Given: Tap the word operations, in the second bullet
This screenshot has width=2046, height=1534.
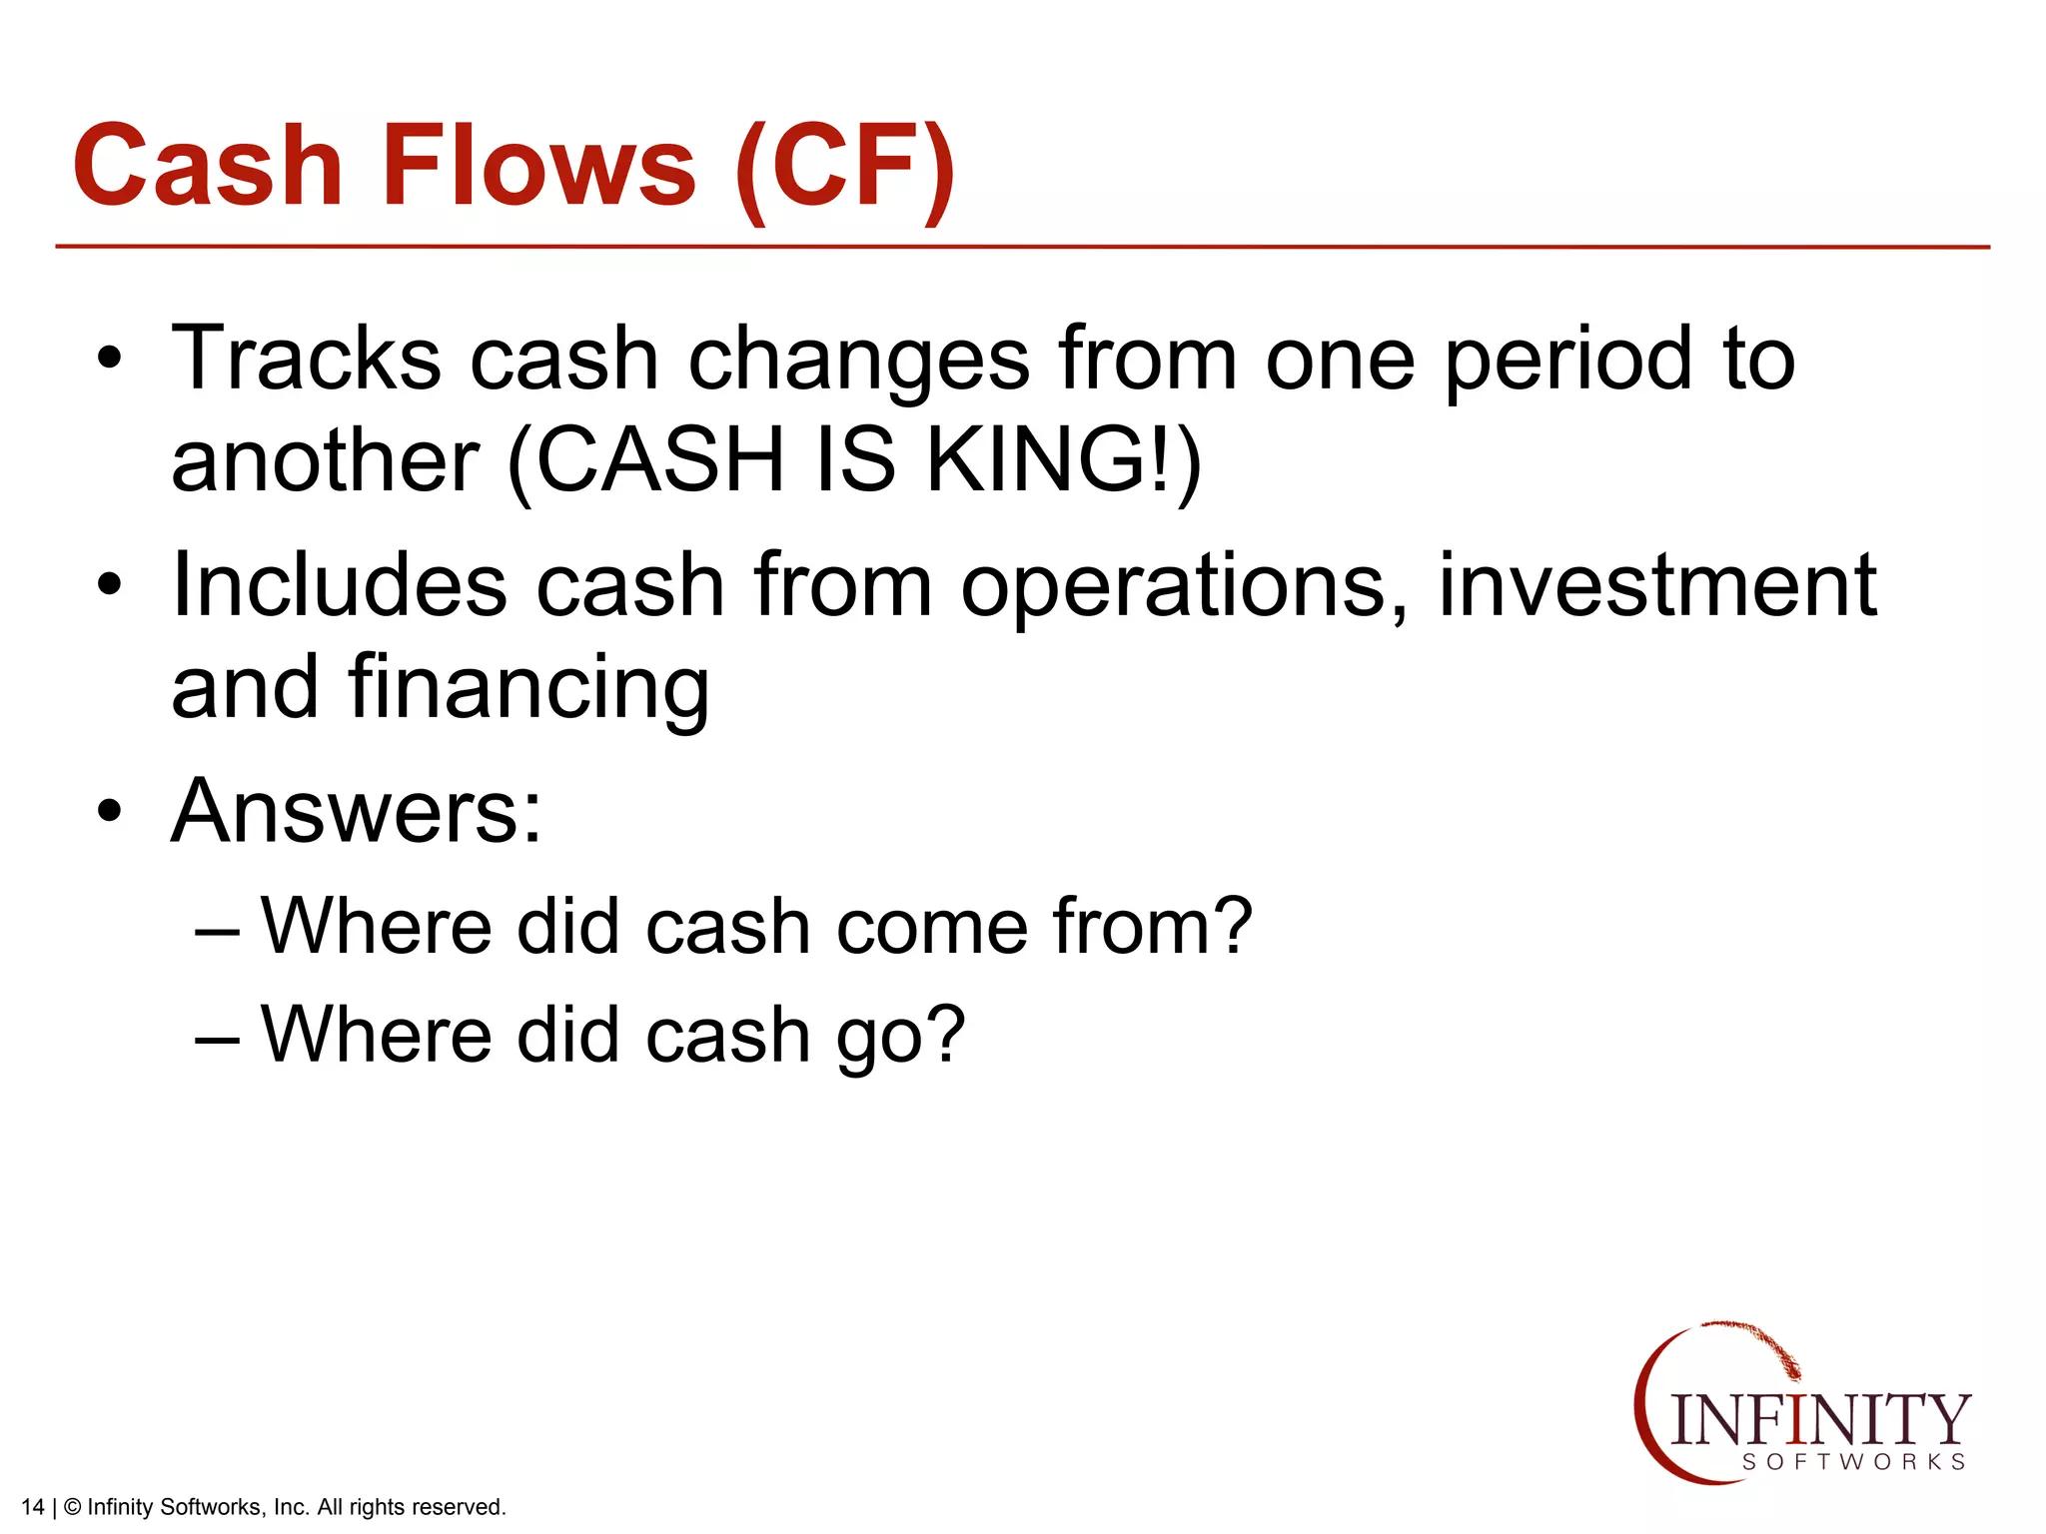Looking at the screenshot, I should (x=1185, y=587).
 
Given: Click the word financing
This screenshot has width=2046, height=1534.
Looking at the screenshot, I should (x=528, y=689).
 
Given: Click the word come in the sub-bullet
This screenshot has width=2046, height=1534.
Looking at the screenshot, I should (x=931, y=926).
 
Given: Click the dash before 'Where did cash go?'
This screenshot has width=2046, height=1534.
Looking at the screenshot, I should (x=217, y=1038).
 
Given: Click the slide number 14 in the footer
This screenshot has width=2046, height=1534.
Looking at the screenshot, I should (x=32, y=1507).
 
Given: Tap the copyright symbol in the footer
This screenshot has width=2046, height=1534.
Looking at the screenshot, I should (x=72, y=1507).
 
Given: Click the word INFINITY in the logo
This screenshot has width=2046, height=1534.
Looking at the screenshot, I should (x=1819, y=1419).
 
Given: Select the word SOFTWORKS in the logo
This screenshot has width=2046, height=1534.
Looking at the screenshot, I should (x=1854, y=1462).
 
